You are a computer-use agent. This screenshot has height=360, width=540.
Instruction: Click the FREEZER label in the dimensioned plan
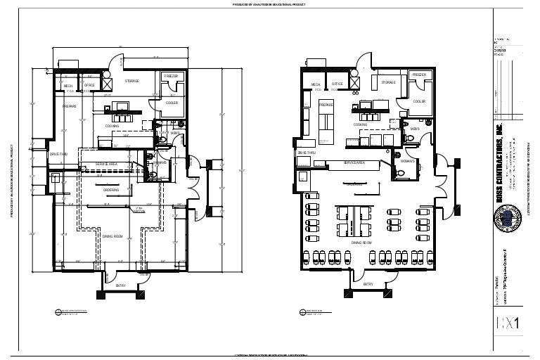click(x=172, y=76)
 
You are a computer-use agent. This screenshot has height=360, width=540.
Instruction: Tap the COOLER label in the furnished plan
click(x=419, y=101)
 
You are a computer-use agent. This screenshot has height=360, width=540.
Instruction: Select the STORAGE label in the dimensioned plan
click(x=131, y=81)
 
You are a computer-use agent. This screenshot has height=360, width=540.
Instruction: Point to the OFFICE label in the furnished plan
click(x=337, y=84)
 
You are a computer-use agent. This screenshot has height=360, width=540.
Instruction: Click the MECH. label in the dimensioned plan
click(x=68, y=85)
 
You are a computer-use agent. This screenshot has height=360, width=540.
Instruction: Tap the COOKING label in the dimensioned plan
click(x=112, y=126)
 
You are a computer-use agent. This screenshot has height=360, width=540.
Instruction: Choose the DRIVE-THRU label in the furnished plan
click(x=306, y=152)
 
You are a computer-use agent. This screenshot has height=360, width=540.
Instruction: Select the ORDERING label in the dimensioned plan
click(x=111, y=190)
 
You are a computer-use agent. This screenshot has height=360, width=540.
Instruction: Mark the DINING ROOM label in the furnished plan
click(x=361, y=242)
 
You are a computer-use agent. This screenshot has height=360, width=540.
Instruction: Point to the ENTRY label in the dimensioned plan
click(x=120, y=285)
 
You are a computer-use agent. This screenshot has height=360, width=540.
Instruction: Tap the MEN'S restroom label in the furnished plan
click(x=415, y=129)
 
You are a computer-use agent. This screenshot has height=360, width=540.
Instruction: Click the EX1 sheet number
click(x=507, y=323)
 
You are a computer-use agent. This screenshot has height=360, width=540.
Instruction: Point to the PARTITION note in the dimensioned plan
click(x=139, y=210)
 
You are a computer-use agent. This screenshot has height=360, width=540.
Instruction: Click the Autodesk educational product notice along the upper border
click(x=269, y=4)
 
